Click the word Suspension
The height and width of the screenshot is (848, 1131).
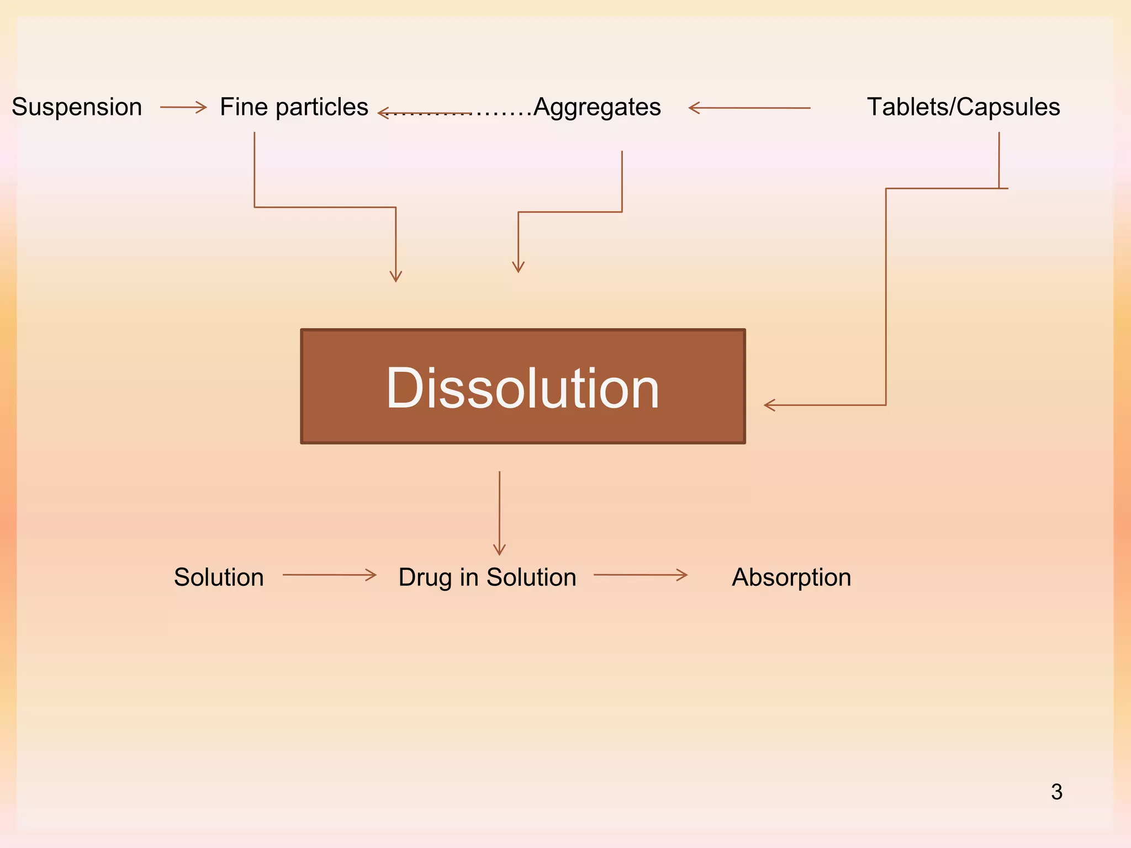tap(77, 107)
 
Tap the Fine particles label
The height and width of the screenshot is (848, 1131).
tap(294, 107)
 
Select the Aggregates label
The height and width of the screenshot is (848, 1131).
tap(597, 107)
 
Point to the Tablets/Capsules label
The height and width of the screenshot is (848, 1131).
tap(963, 107)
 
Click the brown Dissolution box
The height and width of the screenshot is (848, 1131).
tap(522, 386)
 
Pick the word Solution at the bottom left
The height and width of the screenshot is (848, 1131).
tap(219, 577)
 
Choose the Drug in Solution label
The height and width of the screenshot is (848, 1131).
tap(487, 577)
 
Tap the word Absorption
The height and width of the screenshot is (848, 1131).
tap(791, 577)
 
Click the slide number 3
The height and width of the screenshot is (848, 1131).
tap(1056, 792)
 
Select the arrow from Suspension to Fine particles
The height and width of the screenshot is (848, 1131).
tap(183, 107)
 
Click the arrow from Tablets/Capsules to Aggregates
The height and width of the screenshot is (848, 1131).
tap(749, 108)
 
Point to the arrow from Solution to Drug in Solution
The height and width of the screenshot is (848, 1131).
tap(329, 575)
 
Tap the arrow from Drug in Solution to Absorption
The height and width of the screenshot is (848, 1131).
tap(641, 575)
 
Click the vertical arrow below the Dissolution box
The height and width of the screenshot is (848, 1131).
tap(499, 513)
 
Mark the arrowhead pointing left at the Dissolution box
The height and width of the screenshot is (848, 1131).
tap(769, 405)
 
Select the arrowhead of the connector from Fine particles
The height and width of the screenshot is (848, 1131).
tap(395, 276)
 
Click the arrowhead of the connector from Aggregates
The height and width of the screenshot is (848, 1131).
tap(518, 267)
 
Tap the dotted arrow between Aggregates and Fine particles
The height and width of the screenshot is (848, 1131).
tap(453, 113)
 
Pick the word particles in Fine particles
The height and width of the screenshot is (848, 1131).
tap(321, 107)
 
